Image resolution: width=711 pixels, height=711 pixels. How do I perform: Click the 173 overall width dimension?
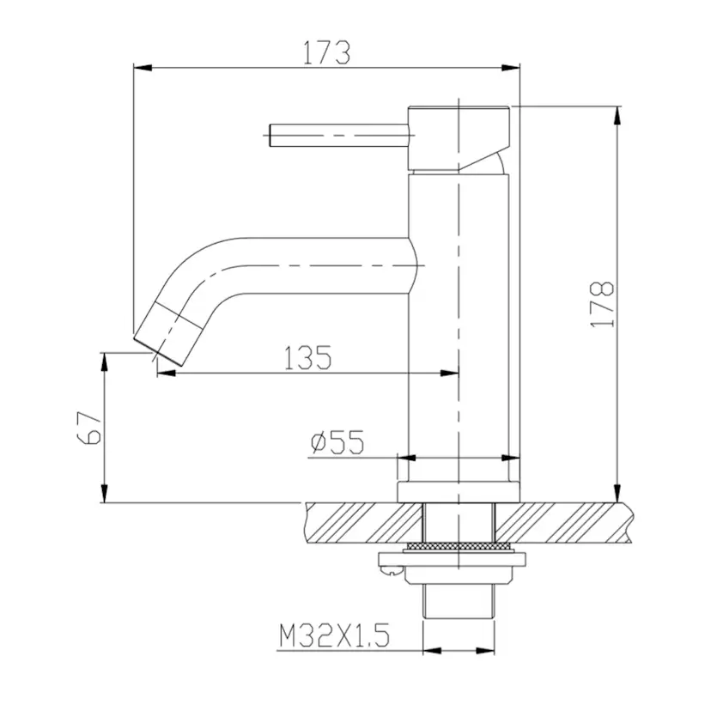pos(326,52)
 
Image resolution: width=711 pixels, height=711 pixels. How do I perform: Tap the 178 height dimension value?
pos(603,304)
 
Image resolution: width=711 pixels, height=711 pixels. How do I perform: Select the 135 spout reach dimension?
pos(308,357)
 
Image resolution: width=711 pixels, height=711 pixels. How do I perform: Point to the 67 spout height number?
pos(89,427)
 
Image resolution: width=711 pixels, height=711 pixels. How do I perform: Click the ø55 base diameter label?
pos(337,441)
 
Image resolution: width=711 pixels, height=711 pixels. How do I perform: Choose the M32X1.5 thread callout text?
pos(334,635)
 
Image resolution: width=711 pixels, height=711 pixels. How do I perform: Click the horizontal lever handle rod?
pos(339,135)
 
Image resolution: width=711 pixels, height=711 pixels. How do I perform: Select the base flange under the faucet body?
pos(459,492)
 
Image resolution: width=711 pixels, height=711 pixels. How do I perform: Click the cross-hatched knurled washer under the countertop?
pos(459,547)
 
